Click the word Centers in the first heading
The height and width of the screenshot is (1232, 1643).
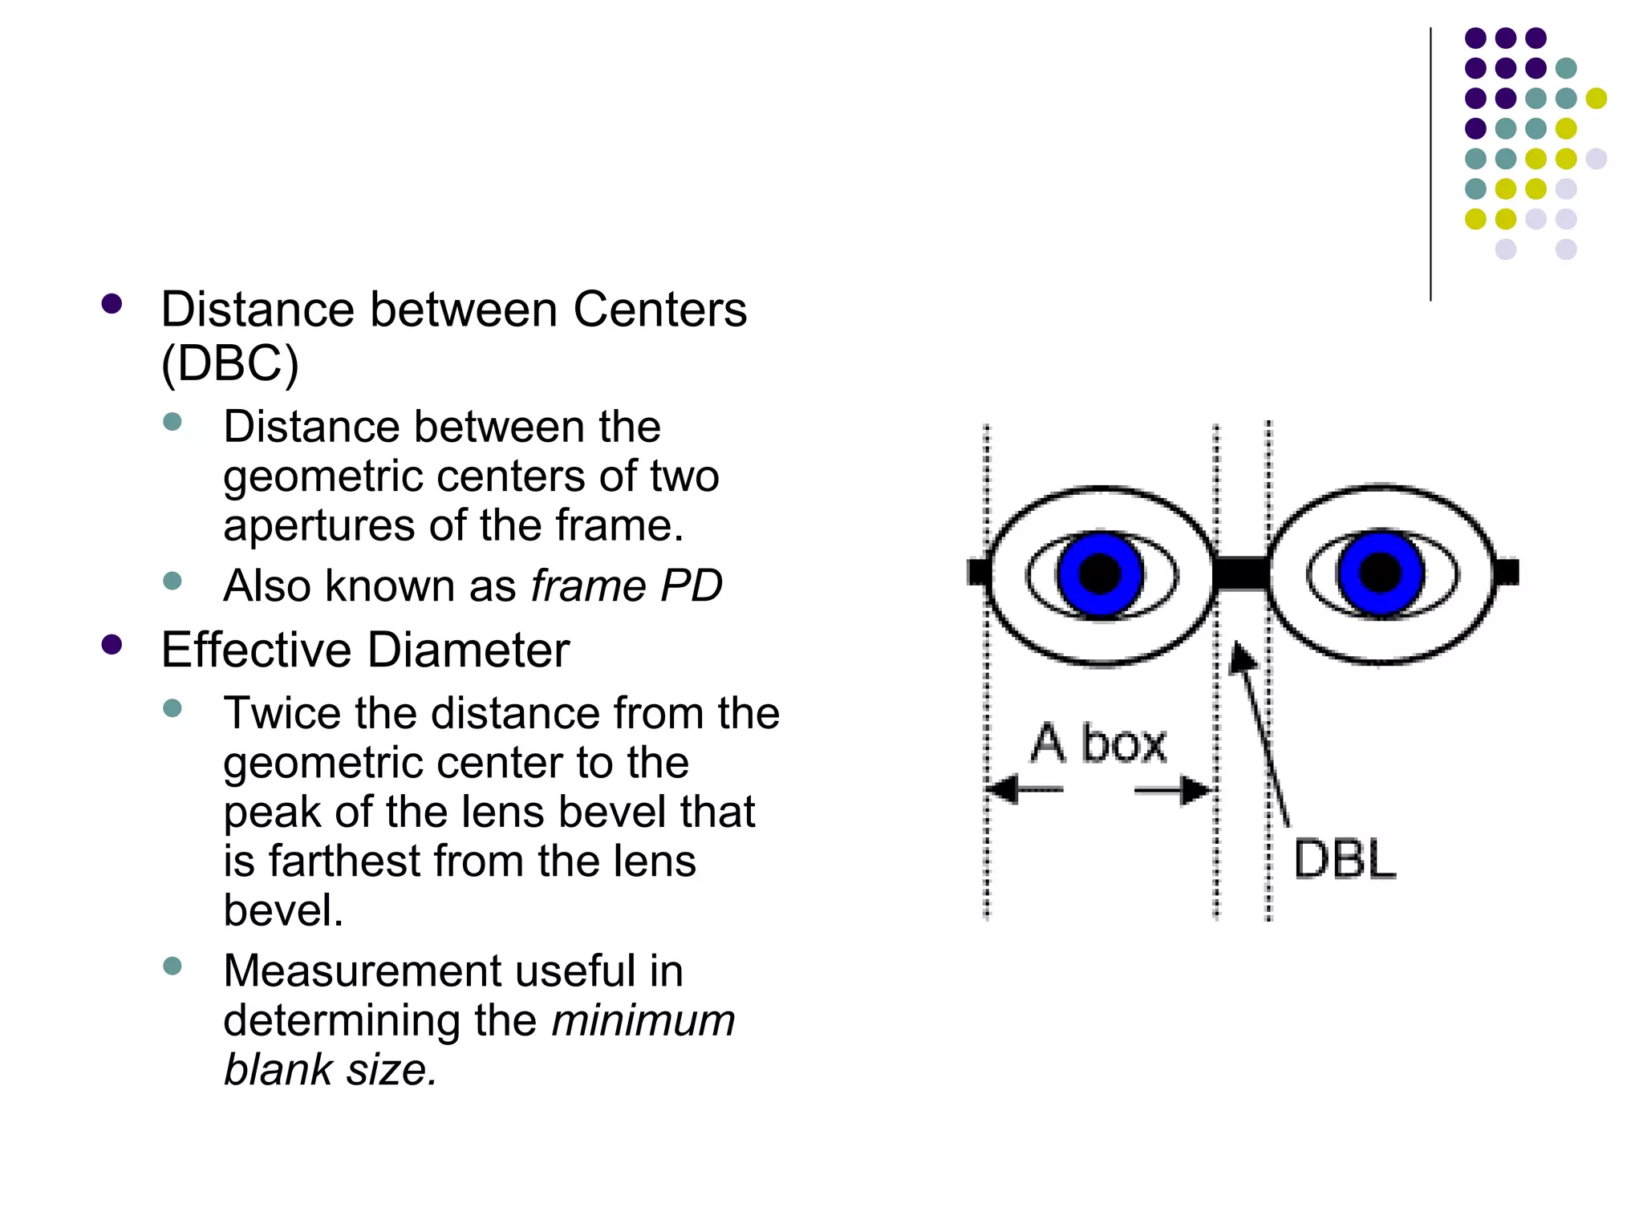tap(659, 310)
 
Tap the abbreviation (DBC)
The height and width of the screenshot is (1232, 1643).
tap(229, 363)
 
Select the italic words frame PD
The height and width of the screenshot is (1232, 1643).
tap(627, 586)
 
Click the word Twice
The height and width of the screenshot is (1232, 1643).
tap(282, 713)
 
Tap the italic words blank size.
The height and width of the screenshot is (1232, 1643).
tap(330, 1070)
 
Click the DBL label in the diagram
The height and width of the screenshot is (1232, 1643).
tap(1345, 860)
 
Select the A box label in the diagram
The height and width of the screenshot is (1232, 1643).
tap(1098, 744)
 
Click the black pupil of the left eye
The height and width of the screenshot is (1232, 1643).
tap(1100, 573)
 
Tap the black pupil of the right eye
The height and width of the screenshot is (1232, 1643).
tap(1380, 573)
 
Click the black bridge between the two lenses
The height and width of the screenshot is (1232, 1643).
tap(1242, 573)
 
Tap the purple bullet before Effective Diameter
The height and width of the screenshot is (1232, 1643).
tap(112, 645)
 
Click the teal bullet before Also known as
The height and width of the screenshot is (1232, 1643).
tap(172, 581)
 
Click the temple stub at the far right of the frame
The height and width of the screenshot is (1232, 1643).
tap(1507, 572)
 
